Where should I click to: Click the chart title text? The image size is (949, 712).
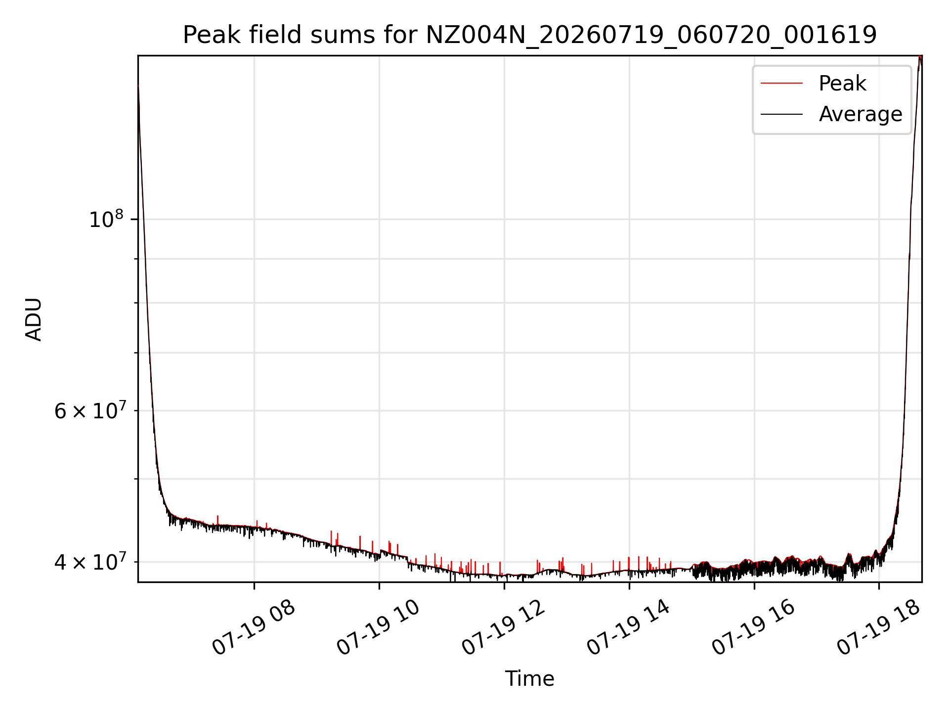(x=530, y=35)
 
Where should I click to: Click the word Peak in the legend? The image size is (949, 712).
(x=842, y=83)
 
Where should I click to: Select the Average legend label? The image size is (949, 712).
(x=861, y=114)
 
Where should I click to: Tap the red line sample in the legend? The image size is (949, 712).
(x=781, y=83)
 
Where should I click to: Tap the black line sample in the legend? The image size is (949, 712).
(x=781, y=114)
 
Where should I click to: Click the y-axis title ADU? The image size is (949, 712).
(x=34, y=319)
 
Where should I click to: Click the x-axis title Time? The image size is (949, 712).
(x=529, y=678)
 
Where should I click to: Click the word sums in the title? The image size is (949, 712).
(x=339, y=35)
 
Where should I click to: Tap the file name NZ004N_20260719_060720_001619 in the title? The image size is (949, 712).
(x=651, y=36)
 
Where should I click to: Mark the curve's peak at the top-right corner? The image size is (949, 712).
(x=920, y=56)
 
